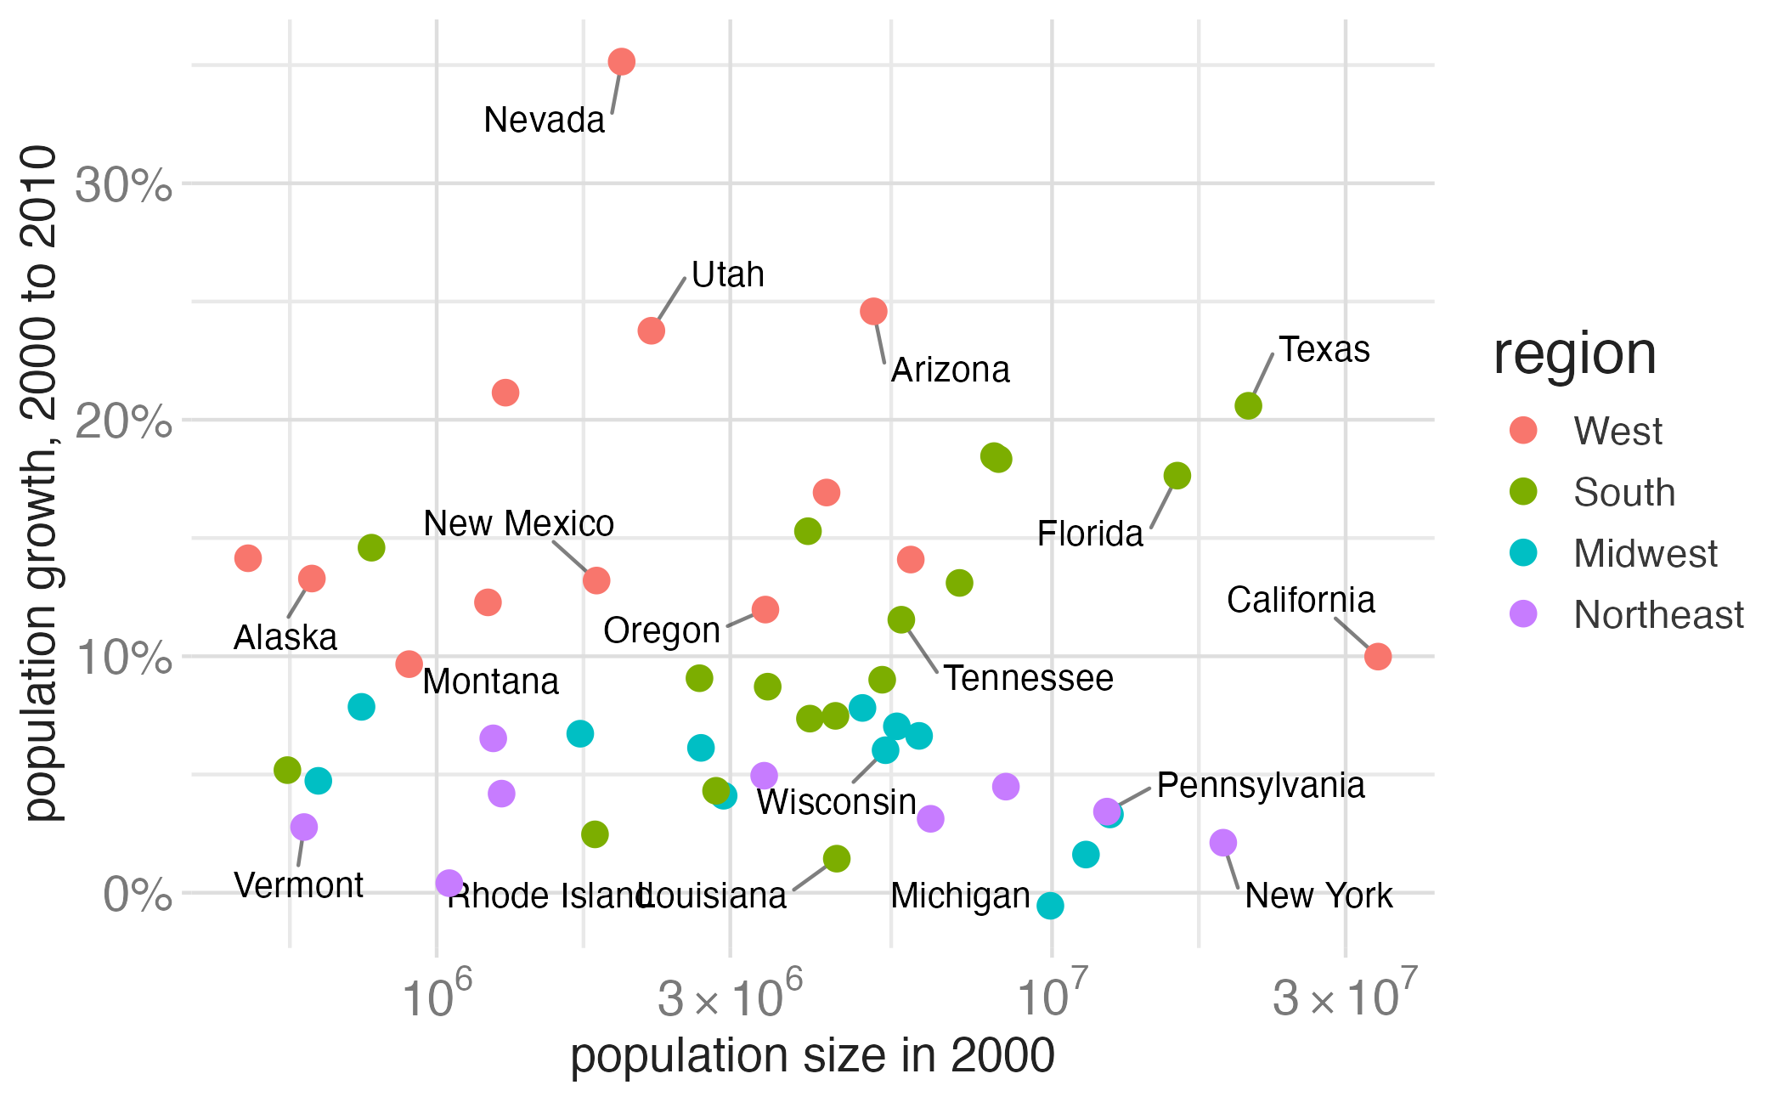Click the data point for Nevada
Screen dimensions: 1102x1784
pyautogui.click(x=621, y=61)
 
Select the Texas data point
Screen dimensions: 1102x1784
pyautogui.click(x=1248, y=406)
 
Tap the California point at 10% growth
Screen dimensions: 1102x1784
pyautogui.click(x=1377, y=656)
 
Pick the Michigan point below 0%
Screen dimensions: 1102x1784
pyautogui.click(x=1050, y=906)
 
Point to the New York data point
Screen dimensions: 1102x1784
pyautogui.click(x=1222, y=843)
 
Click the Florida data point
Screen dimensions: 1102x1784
pyautogui.click(x=1177, y=476)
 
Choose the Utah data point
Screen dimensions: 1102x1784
pyautogui.click(x=651, y=331)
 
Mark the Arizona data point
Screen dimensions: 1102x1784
pyautogui.click(x=873, y=311)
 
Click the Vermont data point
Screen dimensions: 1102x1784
pyautogui.click(x=303, y=827)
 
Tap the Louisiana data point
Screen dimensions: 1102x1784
pyautogui.click(x=836, y=859)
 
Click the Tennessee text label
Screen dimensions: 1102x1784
pyautogui.click(x=1028, y=679)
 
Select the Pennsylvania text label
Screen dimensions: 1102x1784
pyautogui.click(x=1260, y=786)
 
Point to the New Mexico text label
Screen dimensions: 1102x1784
pyautogui.click(x=518, y=524)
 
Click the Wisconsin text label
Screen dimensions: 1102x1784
pyautogui.click(x=836, y=803)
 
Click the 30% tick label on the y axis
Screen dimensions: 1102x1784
pyautogui.click(x=124, y=185)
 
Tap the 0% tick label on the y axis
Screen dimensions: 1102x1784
pyautogui.click(x=137, y=896)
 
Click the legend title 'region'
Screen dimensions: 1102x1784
pyautogui.click(x=1574, y=354)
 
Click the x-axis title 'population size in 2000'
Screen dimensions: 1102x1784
pyautogui.click(x=812, y=1056)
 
